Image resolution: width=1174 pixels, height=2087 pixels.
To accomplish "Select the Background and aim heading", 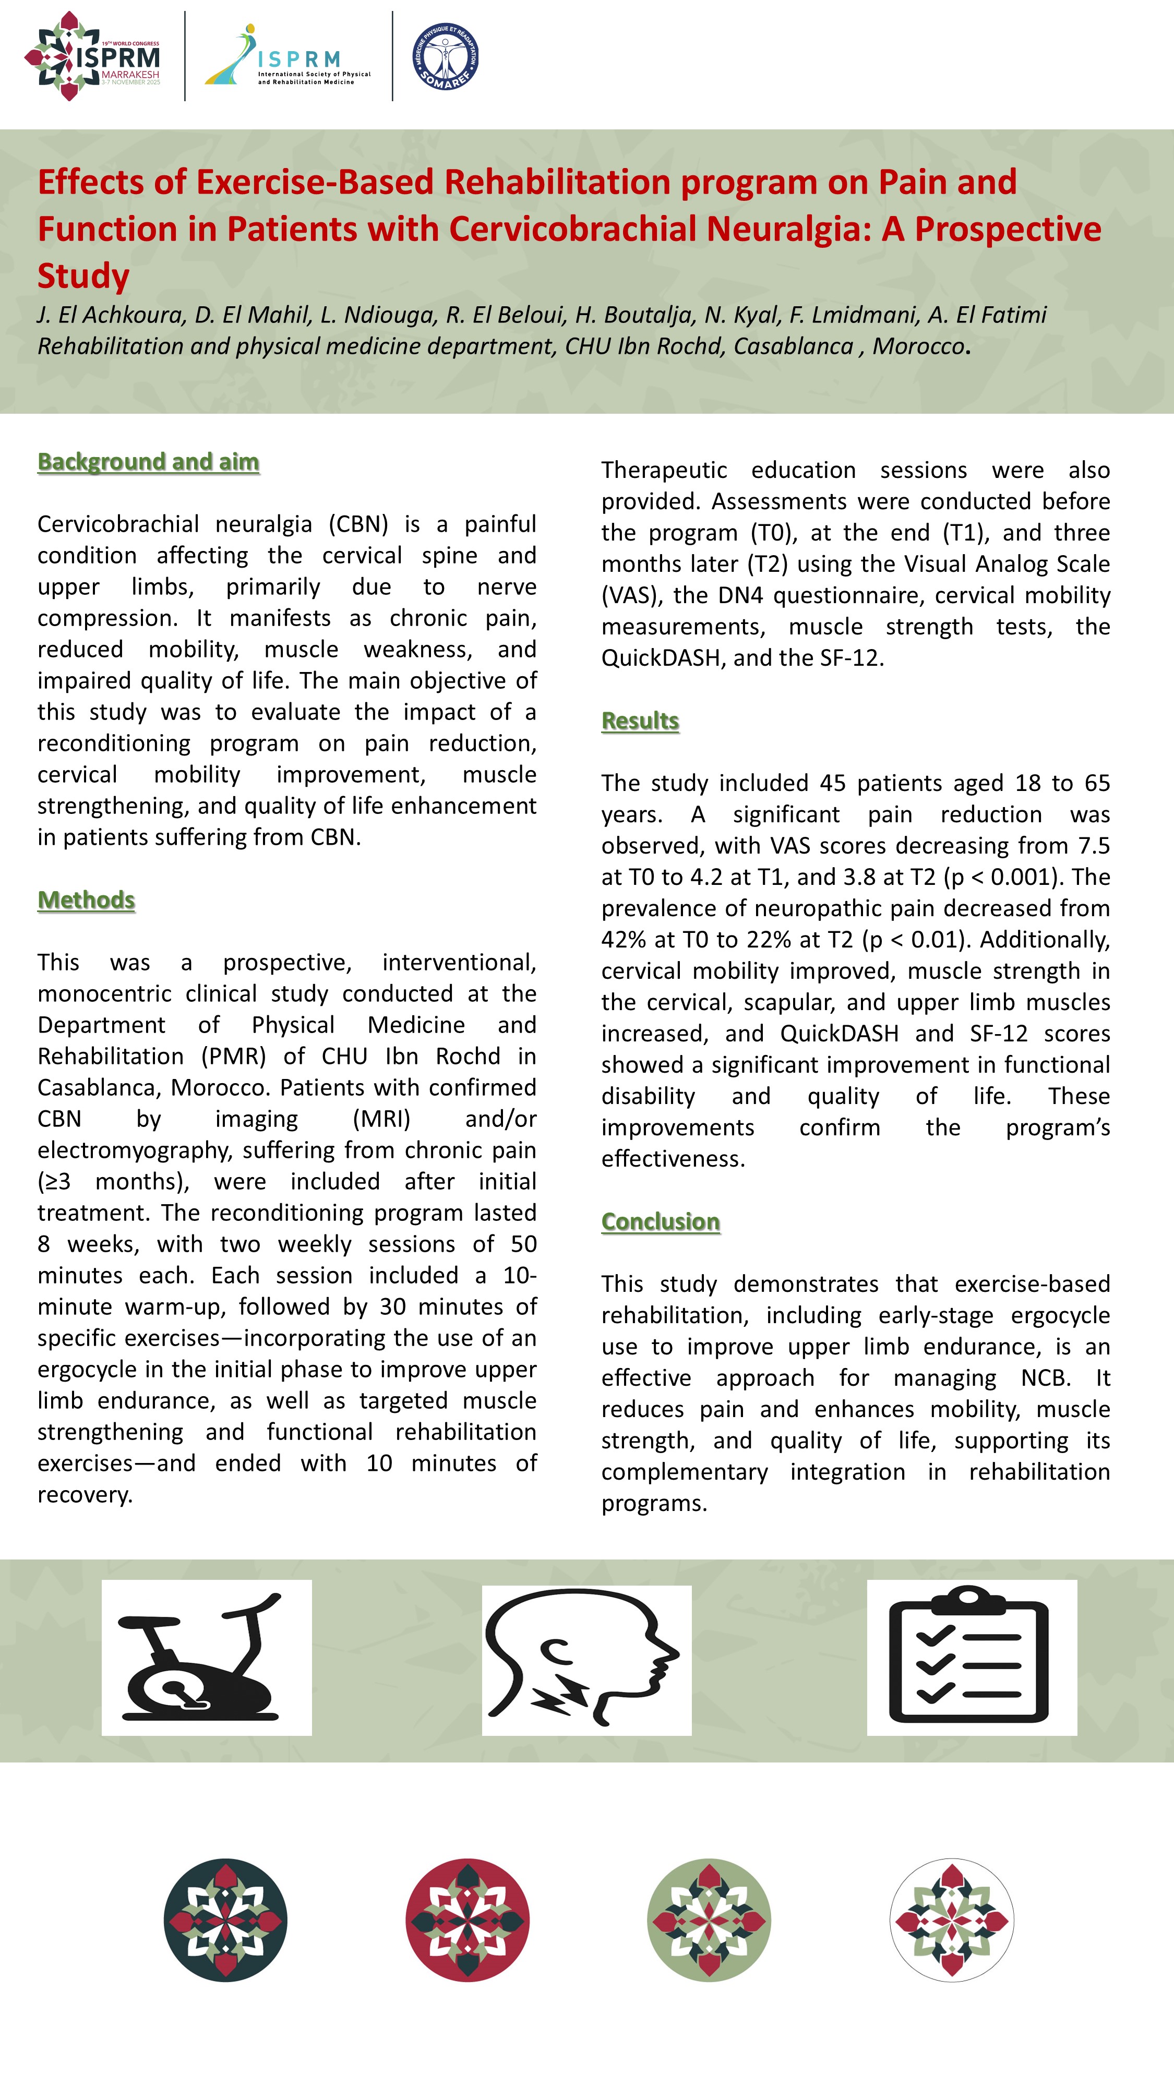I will [148, 461].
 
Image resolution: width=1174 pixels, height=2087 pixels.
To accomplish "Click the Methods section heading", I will [86, 899].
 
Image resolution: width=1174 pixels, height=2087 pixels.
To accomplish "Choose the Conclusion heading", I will [661, 1221].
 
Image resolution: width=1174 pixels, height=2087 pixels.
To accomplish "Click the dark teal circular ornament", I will [225, 1920].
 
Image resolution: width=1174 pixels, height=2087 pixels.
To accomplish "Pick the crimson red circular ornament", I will [468, 1920].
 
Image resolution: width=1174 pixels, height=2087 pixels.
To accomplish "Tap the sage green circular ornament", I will [709, 1920].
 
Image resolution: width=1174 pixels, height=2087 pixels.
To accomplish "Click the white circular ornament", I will [951, 1920].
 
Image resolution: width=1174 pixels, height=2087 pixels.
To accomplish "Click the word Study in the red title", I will [83, 275].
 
